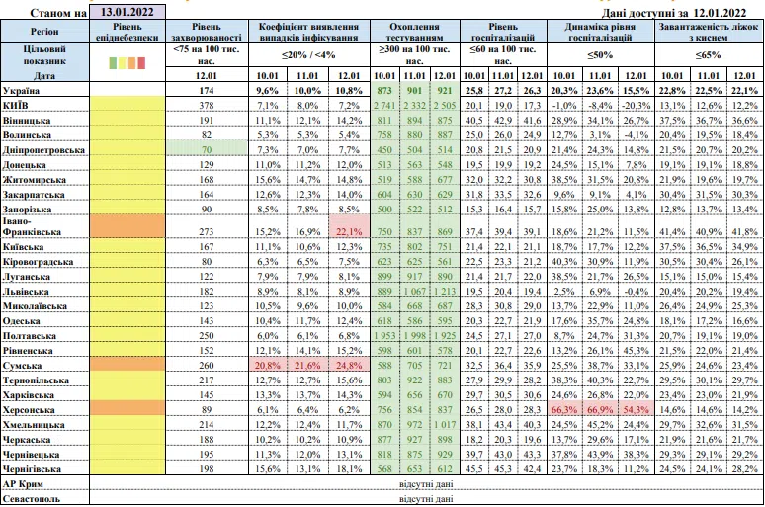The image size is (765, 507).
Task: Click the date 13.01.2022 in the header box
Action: (127, 12)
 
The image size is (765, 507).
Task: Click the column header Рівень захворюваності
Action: (207, 32)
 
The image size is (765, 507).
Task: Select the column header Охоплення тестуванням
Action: (415, 32)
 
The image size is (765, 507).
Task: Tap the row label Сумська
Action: (22, 366)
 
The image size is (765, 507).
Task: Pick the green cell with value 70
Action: (207, 150)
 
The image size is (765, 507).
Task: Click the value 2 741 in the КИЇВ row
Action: (384, 106)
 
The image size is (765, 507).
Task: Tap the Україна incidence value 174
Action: (207, 91)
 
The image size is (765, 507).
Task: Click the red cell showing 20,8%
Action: (268, 366)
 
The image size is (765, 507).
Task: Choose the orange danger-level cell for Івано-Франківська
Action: (127, 226)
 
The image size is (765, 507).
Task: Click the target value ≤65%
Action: (708, 55)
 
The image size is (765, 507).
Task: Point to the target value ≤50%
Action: (600, 55)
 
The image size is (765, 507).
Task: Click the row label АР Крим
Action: (23, 484)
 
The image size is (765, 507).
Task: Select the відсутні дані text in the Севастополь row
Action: (426, 499)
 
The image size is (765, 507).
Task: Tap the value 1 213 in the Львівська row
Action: (445, 292)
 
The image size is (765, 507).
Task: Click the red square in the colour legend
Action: (141, 63)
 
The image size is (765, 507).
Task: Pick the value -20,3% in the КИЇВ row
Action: (636, 106)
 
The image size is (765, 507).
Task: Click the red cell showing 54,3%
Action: (637, 410)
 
